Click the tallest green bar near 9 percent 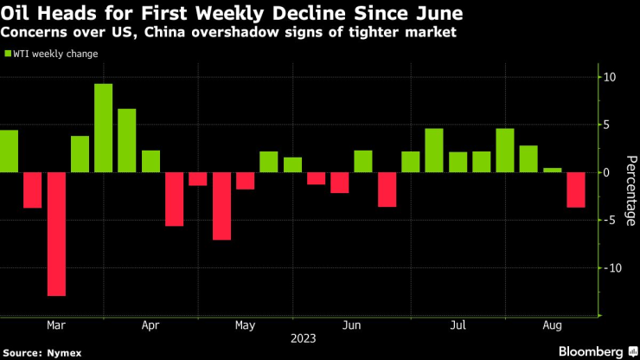103,128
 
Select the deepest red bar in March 56,234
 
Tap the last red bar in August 575,190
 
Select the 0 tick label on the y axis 607,172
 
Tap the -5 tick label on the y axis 609,220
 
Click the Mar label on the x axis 56,326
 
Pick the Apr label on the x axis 150,326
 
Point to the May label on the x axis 245,326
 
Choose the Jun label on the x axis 351,326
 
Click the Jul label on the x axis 458,326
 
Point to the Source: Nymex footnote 38,352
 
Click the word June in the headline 438,14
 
